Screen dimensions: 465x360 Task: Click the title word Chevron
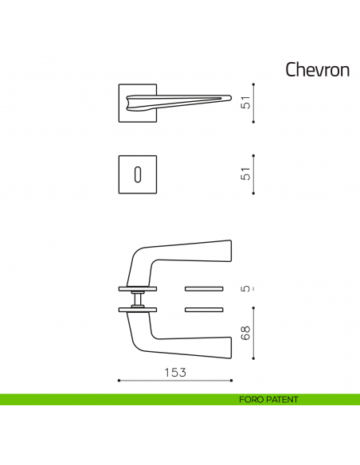(317, 70)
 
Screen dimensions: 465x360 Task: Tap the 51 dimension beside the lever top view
(246, 102)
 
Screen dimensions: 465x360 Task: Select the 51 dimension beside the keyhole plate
(246, 172)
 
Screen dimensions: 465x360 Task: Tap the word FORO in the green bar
(252, 400)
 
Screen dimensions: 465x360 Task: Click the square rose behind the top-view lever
(127, 111)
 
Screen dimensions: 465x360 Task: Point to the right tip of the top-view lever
(229, 98)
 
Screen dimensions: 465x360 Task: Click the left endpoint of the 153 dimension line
(118, 381)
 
